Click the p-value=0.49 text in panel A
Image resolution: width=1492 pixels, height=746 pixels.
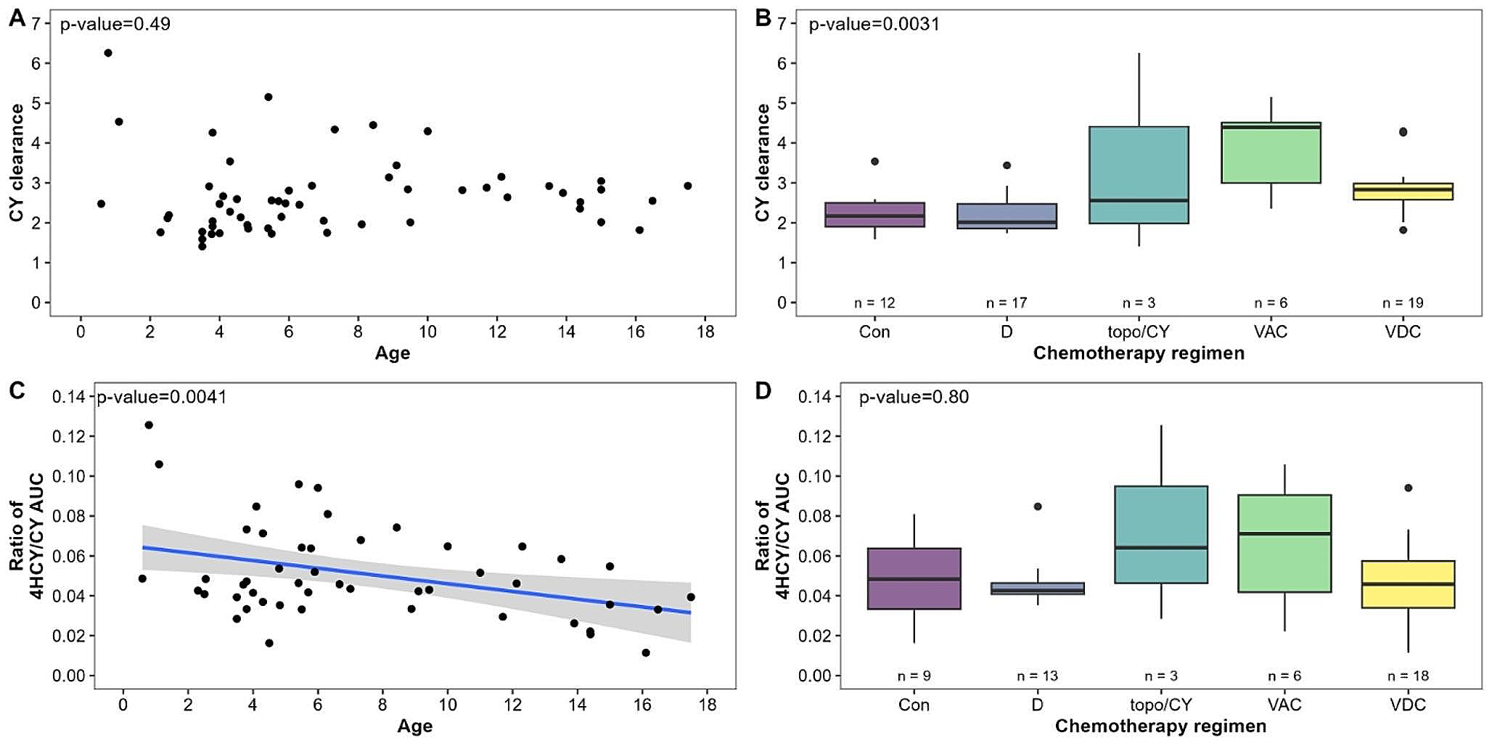coord(115,25)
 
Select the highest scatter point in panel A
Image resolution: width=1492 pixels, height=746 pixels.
coord(108,53)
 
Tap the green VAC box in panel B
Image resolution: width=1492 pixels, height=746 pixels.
coord(1271,152)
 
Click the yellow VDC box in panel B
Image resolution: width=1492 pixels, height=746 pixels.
coord(1403,192)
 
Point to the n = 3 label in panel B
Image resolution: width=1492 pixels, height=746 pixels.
coord(1139,303)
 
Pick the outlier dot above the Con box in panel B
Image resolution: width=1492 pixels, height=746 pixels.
coord(874,161)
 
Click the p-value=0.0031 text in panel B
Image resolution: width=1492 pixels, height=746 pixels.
coord(874,25)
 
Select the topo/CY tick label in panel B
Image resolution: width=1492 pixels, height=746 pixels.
coord(1139,332)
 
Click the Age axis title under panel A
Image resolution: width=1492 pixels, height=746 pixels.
coord(393,353)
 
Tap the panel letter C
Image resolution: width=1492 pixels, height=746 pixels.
coord(17,390)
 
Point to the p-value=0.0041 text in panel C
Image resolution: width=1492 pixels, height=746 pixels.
coord(162,398)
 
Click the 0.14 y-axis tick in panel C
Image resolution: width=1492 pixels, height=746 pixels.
coord(68,397)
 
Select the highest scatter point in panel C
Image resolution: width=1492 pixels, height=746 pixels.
coord(149,425)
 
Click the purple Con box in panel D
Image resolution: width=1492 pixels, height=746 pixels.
coord(914,578)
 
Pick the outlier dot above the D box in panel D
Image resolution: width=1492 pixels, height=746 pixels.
coord(1038,507)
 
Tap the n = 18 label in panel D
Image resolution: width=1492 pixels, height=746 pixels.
coord(1408,676)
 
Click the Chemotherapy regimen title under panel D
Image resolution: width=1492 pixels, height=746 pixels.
coord(1160,726)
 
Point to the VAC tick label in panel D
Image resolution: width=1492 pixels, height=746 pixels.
coord(1284,705)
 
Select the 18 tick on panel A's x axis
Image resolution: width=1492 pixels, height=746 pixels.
coord(705,332)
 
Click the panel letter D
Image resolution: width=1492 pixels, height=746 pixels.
coord(763,390)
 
